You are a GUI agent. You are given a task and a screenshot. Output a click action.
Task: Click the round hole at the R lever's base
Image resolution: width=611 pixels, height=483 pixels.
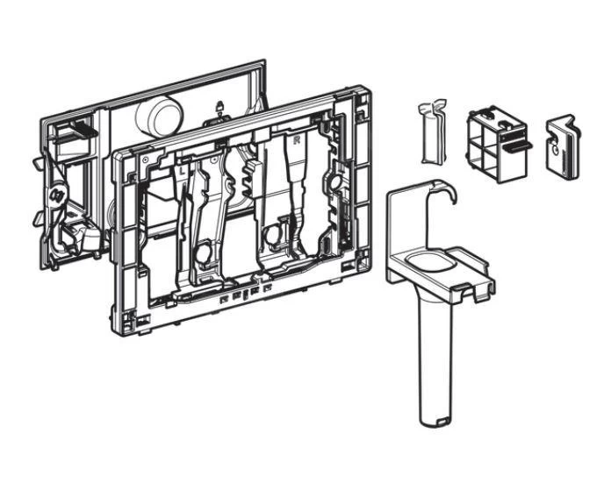click(x=275, y=234)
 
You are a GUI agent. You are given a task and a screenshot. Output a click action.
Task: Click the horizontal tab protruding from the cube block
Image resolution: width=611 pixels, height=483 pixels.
click(x=519, y=141)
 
